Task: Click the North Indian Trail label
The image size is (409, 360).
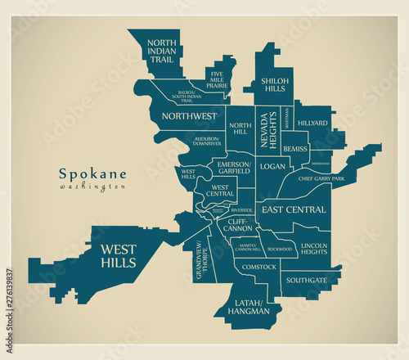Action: (x=162, y=50)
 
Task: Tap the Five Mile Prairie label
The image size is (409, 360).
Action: (x=218, y=79)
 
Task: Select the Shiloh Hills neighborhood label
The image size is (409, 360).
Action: (x=274, y=87)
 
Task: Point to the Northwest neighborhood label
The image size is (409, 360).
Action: (x=189, y=116)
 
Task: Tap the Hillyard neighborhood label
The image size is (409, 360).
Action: (x=312, y=123)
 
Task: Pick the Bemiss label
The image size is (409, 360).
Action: (x=295, y=149)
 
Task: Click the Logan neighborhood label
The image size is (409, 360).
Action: (x=272, y=166)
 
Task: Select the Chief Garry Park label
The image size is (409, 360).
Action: (x=321, y=178)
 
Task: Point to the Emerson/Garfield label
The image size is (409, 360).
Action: (x=233, y=169)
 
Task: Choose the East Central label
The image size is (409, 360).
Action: (x=294, y=210)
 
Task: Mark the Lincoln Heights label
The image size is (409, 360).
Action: (x=315, y=249)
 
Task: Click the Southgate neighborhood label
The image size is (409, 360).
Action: (x=307, y=280)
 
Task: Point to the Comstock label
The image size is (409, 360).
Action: (x=259, y=267)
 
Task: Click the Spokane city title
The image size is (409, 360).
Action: (x=92, y=173)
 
